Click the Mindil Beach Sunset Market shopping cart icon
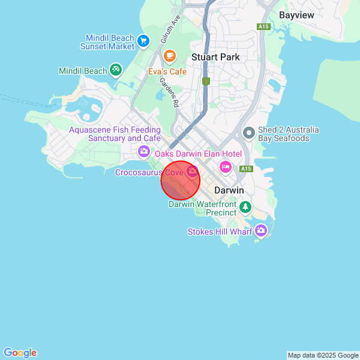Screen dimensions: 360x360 point(143,41)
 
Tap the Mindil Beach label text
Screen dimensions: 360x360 point(83,71)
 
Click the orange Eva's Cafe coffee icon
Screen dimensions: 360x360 point(170,56)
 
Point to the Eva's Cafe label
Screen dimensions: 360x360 point(167,71)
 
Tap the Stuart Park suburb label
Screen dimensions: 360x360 point(215,57)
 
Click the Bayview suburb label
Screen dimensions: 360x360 point(296,14)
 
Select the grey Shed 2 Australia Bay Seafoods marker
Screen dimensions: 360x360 point(248,132)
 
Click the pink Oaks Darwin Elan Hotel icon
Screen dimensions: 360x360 point(226,166)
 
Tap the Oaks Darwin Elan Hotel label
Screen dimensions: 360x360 point(198,154)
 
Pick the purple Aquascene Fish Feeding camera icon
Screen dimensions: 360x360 point(144,151)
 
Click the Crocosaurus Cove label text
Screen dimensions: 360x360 point(149,172)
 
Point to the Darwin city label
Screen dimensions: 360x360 point(229,190)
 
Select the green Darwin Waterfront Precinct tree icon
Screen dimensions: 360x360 point(245,207)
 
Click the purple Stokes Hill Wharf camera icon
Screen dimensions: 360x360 point(260,230)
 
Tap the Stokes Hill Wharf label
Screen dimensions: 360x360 point(220,232)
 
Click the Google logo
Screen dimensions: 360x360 point(20,353)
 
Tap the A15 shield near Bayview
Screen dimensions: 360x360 point(263,26)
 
